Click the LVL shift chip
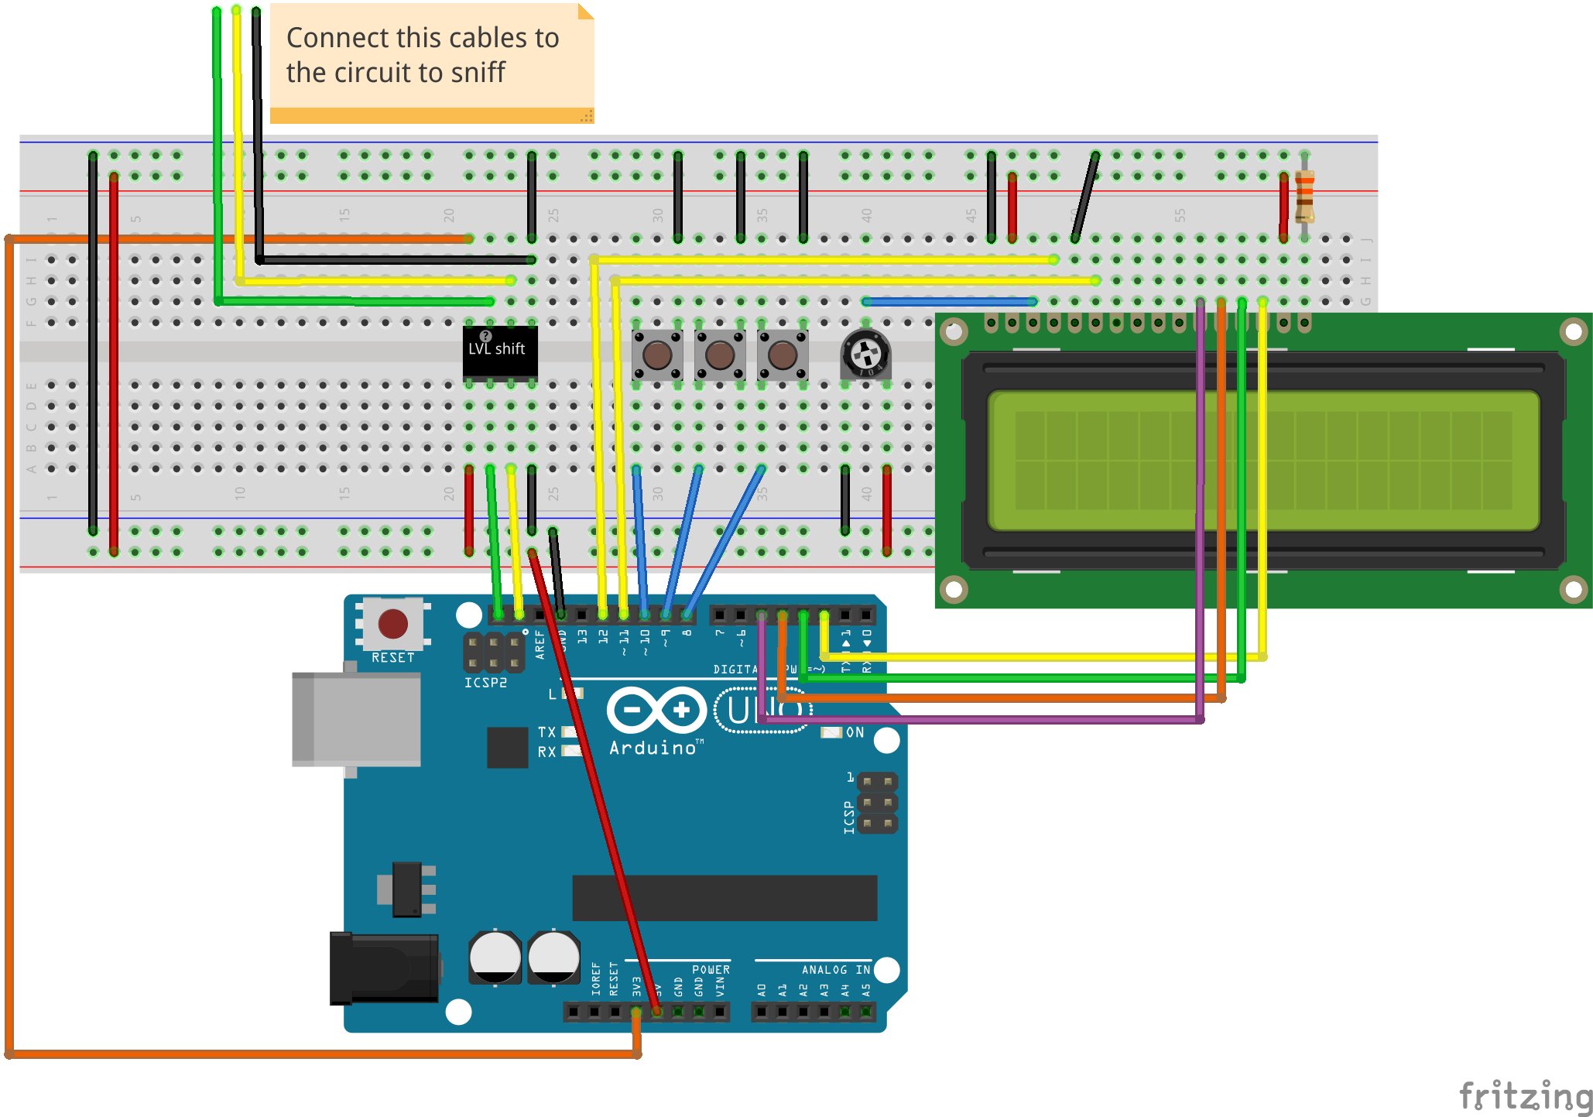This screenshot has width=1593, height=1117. [x=499, y=352]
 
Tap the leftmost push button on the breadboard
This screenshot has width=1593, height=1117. [x=657, y=355]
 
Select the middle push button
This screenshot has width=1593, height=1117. [x=720, y=355]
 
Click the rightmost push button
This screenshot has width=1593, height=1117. [x=782, y=355]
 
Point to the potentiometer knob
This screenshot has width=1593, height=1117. [x=865, y=355]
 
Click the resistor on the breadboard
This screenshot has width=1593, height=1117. [x=1304, y=194]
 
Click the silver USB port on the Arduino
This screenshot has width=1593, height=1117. [x=356, y=718]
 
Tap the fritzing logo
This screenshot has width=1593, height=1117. [x=1525, y=1096]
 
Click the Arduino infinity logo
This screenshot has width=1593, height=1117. [x=656, y=710]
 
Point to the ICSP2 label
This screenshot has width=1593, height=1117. [x=485, y=683]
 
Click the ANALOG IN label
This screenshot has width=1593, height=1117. [x=835, y=969]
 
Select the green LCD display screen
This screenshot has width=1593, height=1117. [x=1263, y=461]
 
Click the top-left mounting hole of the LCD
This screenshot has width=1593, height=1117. [x=954, y=333]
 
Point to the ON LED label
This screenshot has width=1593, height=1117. [x=855, y=732]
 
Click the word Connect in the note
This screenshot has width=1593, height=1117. [x=336, y=38]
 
